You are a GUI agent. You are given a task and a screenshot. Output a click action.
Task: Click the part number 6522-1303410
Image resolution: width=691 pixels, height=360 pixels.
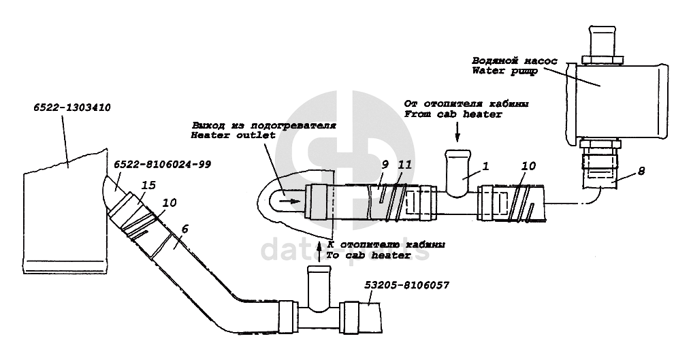click(x=72, y=108)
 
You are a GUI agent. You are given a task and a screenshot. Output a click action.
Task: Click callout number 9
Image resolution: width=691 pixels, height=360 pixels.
click(x=384, y=164)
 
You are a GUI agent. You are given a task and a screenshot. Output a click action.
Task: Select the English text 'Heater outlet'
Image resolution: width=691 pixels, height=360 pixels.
click(x=234, y=135)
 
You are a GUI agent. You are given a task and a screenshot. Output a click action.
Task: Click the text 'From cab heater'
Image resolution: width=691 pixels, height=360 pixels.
click(x=453, y=114)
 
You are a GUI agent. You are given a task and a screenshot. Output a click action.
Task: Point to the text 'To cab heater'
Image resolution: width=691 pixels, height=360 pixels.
click(x=368, y=255)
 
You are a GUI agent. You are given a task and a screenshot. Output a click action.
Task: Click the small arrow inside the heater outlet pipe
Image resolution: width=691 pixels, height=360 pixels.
click(x=289, y=201)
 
